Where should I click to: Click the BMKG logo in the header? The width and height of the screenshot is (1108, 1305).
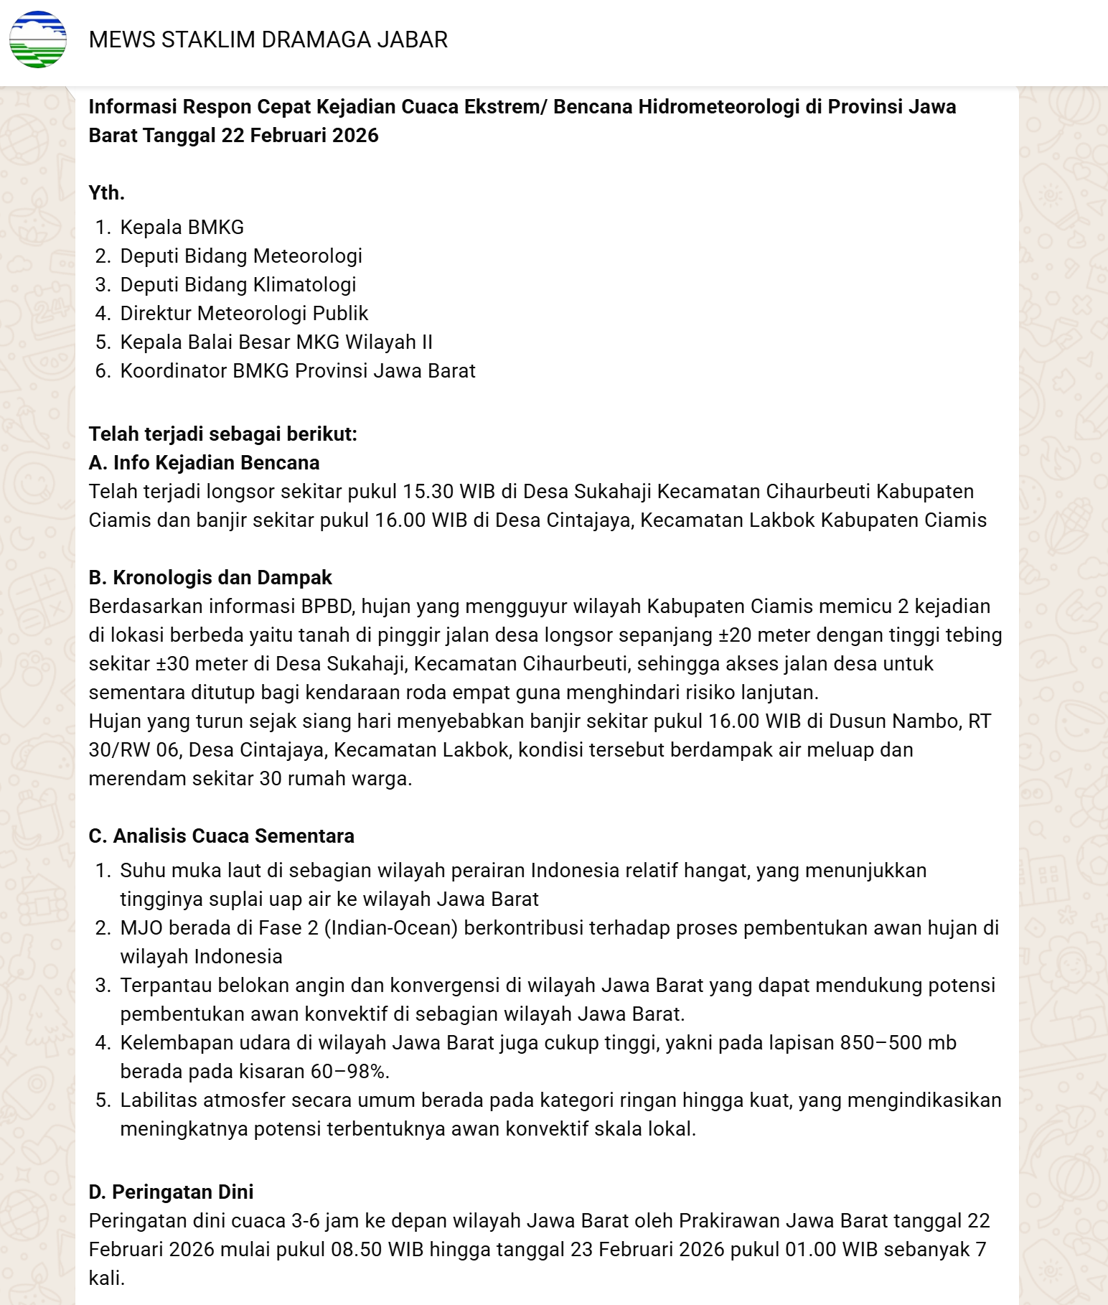pyautogui.click(x=38, y=39)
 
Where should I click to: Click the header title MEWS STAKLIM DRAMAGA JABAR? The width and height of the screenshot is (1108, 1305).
pyautogui.click(x=268, y=39)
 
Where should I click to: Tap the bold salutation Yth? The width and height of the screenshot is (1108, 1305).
pyautogui.click(x=106, y=192)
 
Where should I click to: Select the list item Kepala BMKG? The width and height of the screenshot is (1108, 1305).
pyautogui.click(x=182, y=227)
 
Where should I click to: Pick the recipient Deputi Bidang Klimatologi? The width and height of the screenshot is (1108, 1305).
pyautogui.click(x=238, y=284)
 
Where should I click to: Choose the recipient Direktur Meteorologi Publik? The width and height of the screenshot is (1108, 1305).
pyautogui.click(x=243, y=313)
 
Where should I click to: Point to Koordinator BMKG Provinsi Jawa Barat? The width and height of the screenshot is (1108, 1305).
pyautogui.click(x=297, y=370)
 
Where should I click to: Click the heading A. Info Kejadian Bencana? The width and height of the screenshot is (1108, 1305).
pyautogui.click(x=204, y=462)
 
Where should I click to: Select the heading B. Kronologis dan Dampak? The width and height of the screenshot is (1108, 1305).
pyautogui.click(x=210, y=577)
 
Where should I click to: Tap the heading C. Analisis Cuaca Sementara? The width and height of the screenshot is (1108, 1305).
pyautogui.click(x=221, y=836)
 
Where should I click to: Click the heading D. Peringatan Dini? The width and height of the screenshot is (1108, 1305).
pyautogui.click(x=171, y=1192)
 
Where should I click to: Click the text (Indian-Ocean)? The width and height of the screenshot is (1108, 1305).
pyautogui.click(x=391, y=927)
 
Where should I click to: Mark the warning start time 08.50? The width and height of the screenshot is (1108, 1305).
pyautogui.click(x=356, y=1249)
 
